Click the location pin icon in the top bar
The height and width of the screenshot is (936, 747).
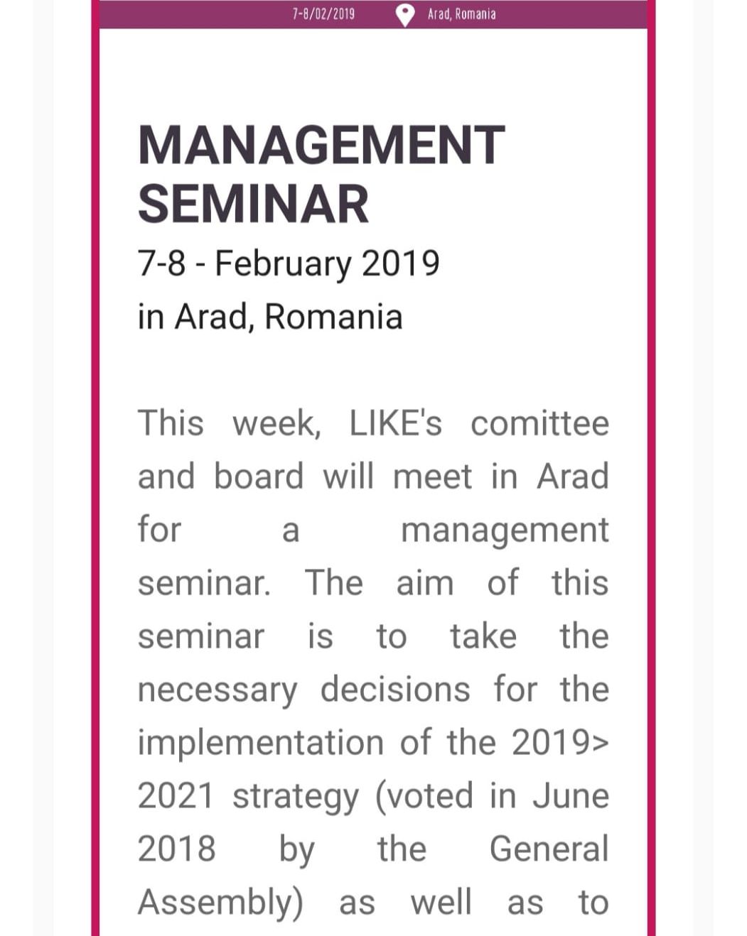pyautogui.click(x=404, y=14)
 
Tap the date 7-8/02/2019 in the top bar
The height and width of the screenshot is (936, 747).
pyautogui.click(x=323, y=14)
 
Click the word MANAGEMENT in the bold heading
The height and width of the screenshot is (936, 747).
pyautogui.click(x=321, y=145)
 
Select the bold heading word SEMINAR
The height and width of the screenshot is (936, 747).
pyautogui.click(x=253, y=205)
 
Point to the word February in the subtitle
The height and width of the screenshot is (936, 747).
pyautogui.click(x=282, y=264)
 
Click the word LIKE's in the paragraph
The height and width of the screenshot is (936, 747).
pyautogui.click(x=395, y=424)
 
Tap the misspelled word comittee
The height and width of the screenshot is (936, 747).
pyautogui.click(x=539, y=424)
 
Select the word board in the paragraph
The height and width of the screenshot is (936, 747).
pyautogui.click(x=259, y=477)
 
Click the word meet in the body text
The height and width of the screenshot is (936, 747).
pyautogui.click(x=431, y=477)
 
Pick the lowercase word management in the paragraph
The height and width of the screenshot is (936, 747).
pyautogui.click(x=505, y=530)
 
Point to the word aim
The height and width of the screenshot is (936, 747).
pyautogui.click(x=424, y=583)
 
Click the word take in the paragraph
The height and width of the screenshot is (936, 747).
pyautogui.click(x=483, y=636)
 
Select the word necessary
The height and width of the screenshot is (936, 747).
pyautogui.click(x=217, y=690)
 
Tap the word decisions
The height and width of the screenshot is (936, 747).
pyautogui.click(x=395, y=690)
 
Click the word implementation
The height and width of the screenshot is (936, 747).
pyautogui.click(x=261, y=744)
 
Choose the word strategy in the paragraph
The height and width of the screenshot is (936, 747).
pyautogui.click(x=295, y=797)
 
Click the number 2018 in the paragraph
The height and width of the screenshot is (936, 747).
pyautogui.click(x=176, y=849)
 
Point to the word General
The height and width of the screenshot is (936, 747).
pyautogui.click(x=549, y=849)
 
